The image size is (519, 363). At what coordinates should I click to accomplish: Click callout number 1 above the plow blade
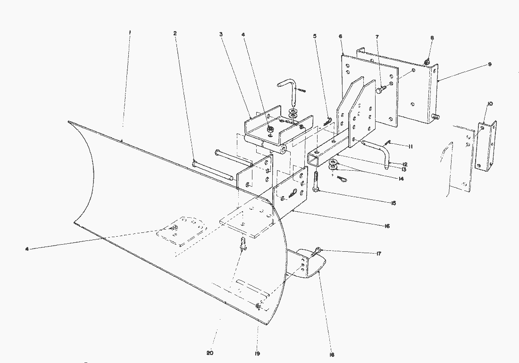[x=130, y=32]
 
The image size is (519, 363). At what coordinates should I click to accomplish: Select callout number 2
[x=175, y=33]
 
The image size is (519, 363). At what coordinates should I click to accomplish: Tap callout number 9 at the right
[x=490, y=64]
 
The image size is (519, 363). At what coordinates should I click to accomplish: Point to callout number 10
[x=490, y=103]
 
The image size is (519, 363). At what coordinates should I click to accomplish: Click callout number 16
[x=387, y=226]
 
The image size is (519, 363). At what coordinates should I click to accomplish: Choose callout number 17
[x=379, y=254]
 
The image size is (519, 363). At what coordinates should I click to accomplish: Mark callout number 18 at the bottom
[x=332, y=355]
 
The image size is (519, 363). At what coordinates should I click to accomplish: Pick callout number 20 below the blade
[x=210, y=353]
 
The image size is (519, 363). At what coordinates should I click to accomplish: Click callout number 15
[x=393, y=203]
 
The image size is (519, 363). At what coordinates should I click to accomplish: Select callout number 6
[x=340, y=36]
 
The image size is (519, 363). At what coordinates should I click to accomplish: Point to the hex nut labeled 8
[x=426, y=62]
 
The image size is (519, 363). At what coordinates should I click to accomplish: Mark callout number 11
[x=410, y=147]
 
